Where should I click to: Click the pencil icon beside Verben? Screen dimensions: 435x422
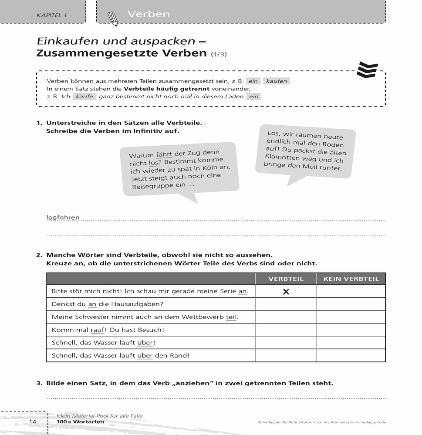click(x=112, y=18)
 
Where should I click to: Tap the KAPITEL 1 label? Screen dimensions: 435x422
click(x=52, y=16)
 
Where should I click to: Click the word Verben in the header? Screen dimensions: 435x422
click(x=149, y=14)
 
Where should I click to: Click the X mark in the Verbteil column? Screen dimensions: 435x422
click(x=286, y=292)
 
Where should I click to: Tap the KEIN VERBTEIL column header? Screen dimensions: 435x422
click(x=351, y=279)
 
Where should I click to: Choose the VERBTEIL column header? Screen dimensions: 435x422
click(x=286, y=279)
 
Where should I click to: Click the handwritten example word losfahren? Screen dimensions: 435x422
click(x=63, y=217)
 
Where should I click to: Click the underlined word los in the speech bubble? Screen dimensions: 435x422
click(x=153, y=163)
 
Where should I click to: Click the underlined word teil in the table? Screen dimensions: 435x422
click(x=231, y=317)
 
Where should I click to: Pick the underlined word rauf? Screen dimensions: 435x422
click(x=98, y=330)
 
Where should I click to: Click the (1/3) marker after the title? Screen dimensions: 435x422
click(x=219, y=54)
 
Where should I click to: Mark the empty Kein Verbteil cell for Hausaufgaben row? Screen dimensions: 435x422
click(x=351, y=304)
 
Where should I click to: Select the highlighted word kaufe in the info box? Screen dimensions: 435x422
click(x=84, y=97)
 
